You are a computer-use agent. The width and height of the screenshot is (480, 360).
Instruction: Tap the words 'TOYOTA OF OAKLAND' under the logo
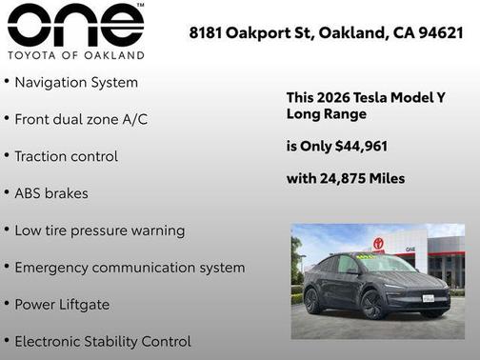[75, 55]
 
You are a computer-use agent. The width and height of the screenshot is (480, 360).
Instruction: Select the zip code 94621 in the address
[439, 33]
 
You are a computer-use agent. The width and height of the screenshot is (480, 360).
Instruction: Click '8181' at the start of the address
[206, 33]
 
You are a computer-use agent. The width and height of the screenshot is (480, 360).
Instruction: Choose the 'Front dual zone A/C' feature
[81, 120]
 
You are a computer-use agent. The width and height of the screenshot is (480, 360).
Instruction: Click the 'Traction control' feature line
[66, 156]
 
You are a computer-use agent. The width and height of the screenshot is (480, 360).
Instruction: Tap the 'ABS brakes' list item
[51, 193]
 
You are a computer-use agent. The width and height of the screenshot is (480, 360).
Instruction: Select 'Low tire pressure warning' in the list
[100, 230]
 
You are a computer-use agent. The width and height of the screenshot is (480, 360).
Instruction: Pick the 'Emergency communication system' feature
[130, 268]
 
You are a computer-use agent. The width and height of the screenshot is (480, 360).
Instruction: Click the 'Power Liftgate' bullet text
[62, 305]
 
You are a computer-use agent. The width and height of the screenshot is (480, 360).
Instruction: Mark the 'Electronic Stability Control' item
[103, 341]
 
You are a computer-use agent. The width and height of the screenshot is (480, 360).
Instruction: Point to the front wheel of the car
[372, 304]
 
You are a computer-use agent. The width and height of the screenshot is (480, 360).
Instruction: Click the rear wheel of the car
[313, 300]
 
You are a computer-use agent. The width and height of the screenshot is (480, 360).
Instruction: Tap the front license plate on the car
[430, 298]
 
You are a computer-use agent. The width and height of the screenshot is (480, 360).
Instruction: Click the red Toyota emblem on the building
[378, 244]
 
